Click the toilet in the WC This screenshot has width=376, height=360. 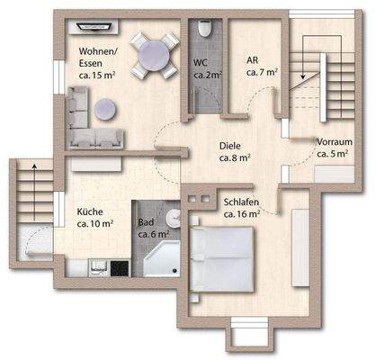(x=204, y=30)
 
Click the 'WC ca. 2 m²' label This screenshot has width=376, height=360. (x=206, y=69)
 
